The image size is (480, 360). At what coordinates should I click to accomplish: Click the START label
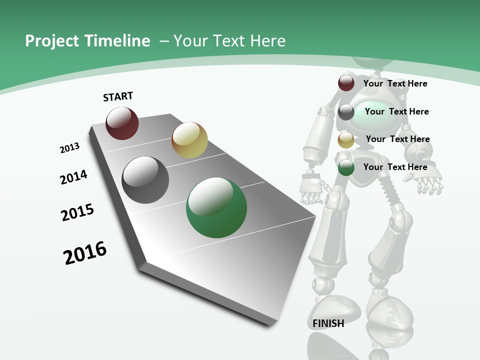click(x=118, y=96)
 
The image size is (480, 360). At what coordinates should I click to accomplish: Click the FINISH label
click(x=328, y=323)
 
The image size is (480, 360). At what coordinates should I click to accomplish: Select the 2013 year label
click(x=69, y=148)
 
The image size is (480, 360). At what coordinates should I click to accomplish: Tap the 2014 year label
click(x=73, y=177)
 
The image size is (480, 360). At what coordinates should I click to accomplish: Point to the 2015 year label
click(x=77, y=212)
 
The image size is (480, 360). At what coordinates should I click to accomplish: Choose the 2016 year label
click(x=85, y=253)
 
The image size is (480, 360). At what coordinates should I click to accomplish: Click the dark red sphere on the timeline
click(x=122, y=123)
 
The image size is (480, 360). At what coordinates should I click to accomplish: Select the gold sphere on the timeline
click(x=189, y=139)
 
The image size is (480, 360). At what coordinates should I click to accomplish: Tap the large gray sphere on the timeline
click(x=145, y=180)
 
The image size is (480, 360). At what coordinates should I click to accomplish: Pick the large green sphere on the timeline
click(x=216, y=207)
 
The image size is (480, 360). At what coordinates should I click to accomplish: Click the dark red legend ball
click(x=346, y=83)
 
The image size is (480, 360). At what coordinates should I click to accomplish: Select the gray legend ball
click(x=346, y=112)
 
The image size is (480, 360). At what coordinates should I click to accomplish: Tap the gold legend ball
click(x=346, y=140)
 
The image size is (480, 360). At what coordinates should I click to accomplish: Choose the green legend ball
click(x=346, y=167)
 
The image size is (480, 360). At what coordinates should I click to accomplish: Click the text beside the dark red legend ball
click(x=395, y=83)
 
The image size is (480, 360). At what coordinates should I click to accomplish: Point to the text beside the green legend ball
click(x=395, y=167)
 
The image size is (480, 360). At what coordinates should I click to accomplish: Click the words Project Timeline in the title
click(x=87, y=41)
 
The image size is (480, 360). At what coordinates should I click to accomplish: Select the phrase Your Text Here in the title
click(x=229, y=41)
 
